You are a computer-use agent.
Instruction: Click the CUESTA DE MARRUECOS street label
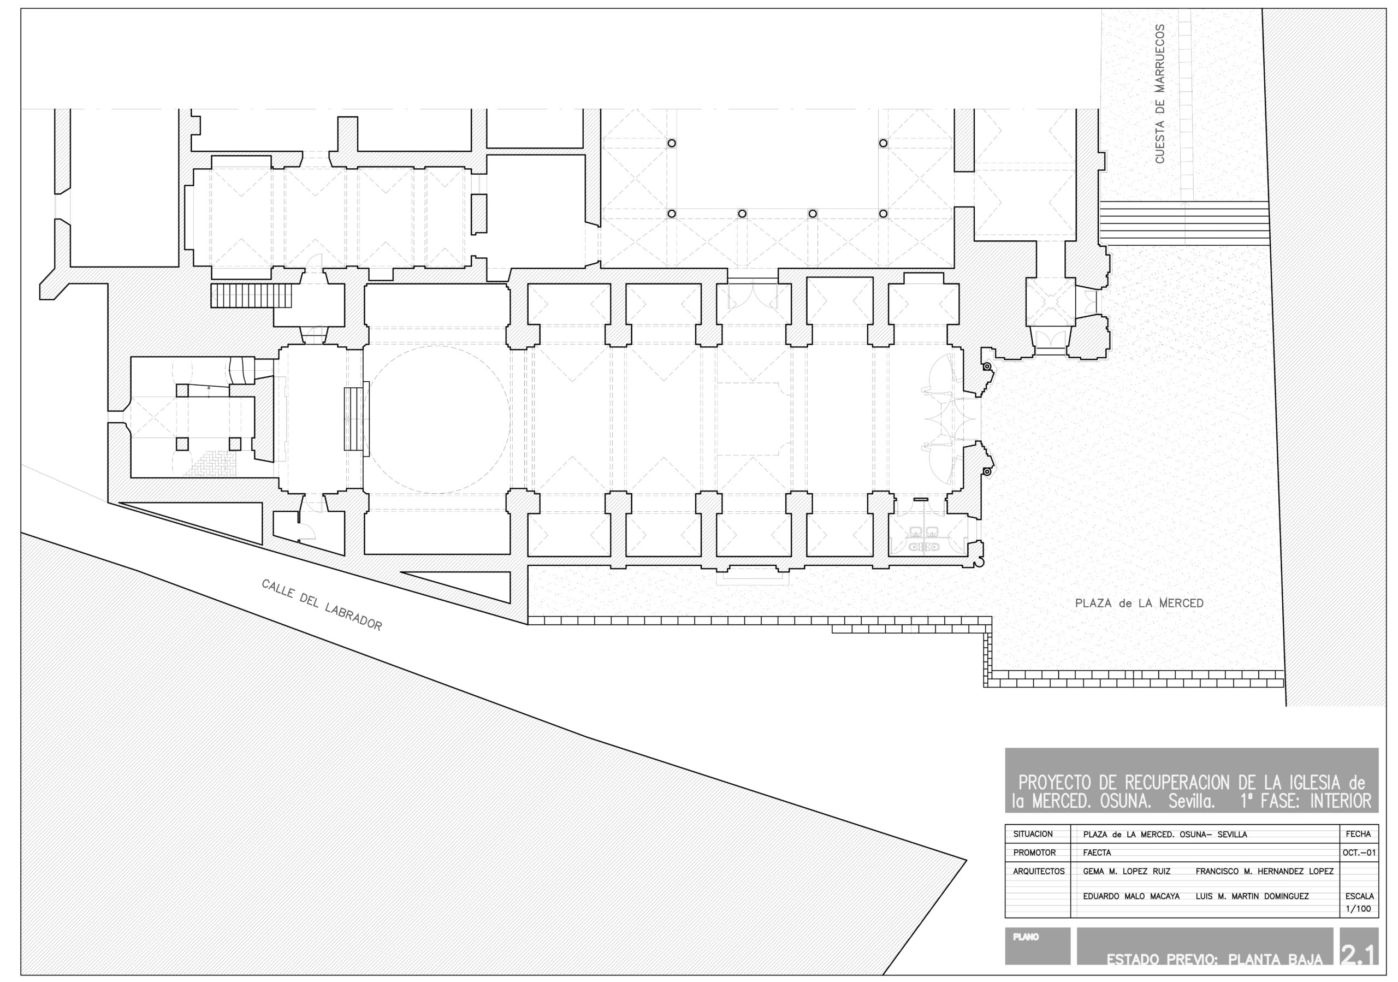pyautogui.click(x=1159, y=94)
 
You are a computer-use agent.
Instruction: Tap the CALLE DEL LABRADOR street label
pyautogui.click(x=322, y=605)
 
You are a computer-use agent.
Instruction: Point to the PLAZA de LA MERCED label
pyautogui.click(x=1139, y=604)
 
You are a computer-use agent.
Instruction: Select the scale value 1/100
pyautogui.click(x=1359, y=909)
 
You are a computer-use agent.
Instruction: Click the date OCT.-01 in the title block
pyautogui.click(x=1359, y=853)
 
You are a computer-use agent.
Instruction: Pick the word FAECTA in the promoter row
pyautogui.click(x=1097, y=853)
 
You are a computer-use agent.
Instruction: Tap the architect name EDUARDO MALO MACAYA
pyautogui.click(x=1132, y=896)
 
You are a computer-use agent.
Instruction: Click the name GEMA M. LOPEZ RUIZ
pyautogui.click(x=1127, y=871)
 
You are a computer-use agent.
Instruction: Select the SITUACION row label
pyautogui.click(x=1033, y=834)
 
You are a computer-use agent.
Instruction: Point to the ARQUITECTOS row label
pyautogui.click(x=1039, y=871)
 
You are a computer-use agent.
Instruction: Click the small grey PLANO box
pyautogui.click(x=1038, y=945)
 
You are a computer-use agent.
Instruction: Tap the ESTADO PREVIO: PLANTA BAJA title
pyautogui.click(x=1215, y=960)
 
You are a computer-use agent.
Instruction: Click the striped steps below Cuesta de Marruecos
pyautogui.click(x=1184, y=223)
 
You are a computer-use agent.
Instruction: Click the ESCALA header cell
pyautogui.click(x=1359, y=896)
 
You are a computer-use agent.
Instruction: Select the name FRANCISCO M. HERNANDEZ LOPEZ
pyautogui.click(x=1265, y=871)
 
